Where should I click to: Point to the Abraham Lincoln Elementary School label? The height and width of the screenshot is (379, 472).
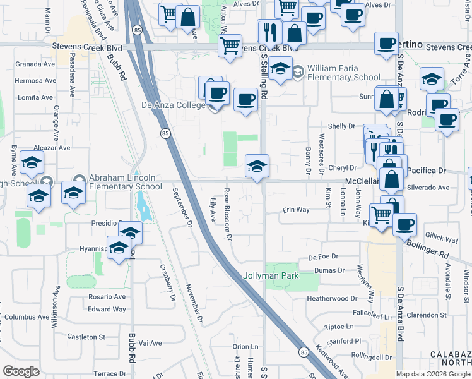pyautogui.click(x=125, y=183)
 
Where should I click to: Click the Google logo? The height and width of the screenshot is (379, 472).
pyautogui.click(x=21, y=371)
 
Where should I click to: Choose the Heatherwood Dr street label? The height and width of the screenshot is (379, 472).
pyautogui.click(x=332, y=298)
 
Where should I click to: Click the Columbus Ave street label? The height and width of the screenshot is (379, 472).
pyautogui.click(x=25, y=317)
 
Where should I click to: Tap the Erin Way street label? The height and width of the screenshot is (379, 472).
pyautogui.click(x=296, y=210)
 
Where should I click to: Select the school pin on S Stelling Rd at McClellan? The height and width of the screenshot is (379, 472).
pyautogui.click(x=257, y=167)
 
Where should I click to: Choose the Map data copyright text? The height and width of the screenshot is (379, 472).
pyautogui.click(x=434, y=374)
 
